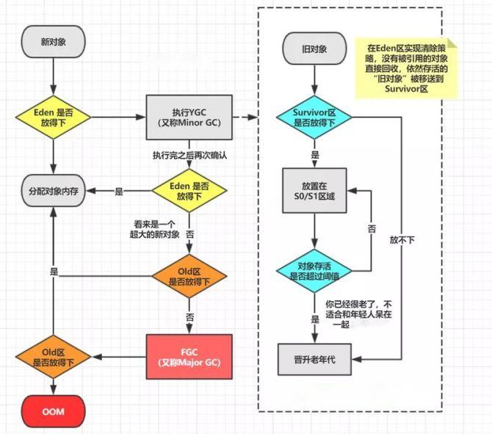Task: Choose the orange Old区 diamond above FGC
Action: pyautogui.click(x=189, y=276)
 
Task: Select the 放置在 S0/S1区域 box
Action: pyautogui.click(x=314, y=189)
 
